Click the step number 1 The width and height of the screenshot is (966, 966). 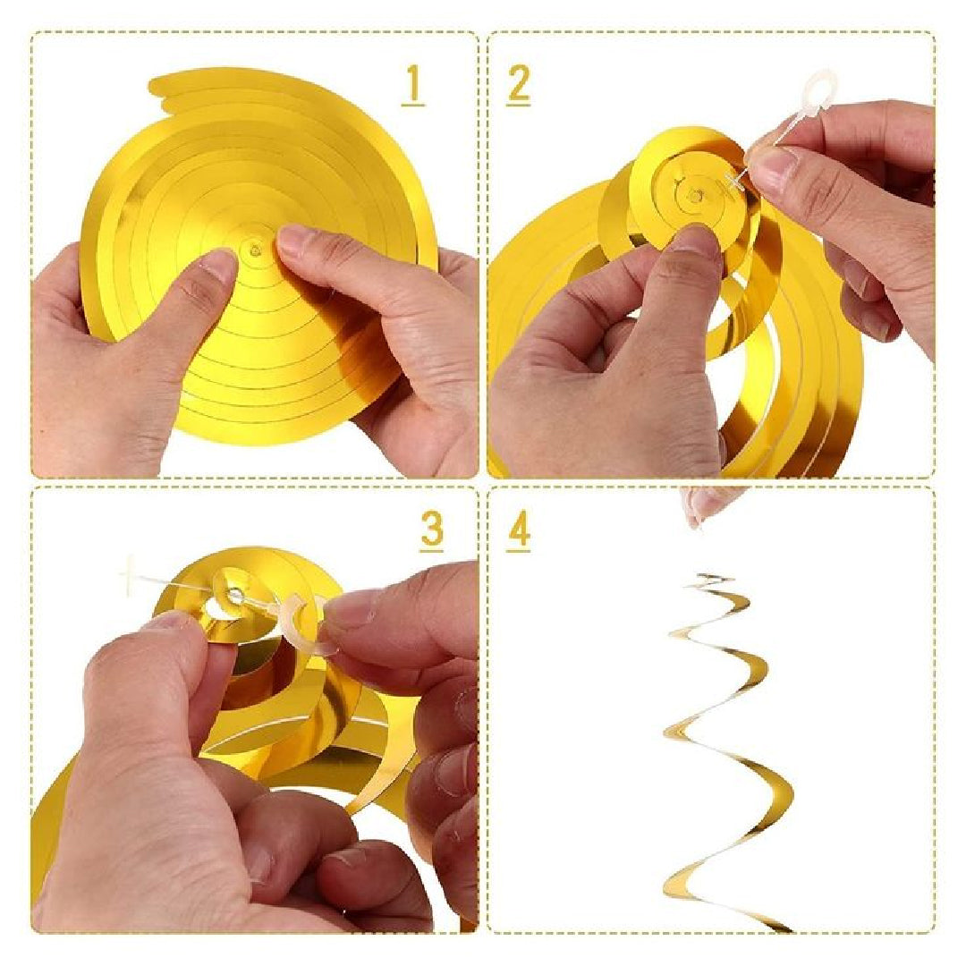point(412,86)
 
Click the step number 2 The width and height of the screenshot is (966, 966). point(518,85)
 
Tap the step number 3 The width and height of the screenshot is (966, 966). point(431,530)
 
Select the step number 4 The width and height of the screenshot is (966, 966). point(519,530)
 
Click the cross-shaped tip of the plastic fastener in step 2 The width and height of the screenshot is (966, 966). point(734,181)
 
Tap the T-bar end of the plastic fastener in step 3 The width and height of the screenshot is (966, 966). point(129,573)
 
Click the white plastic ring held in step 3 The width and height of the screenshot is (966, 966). point(306,623)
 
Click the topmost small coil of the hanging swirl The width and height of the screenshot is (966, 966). point(708,579)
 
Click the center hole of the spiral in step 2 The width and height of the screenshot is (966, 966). point(694,197)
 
